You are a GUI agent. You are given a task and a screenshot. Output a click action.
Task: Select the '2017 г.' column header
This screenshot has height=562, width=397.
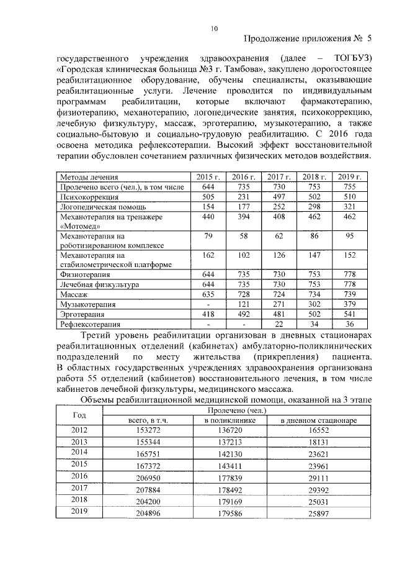279,177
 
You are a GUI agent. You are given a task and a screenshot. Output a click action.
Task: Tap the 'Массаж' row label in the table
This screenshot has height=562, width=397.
73,294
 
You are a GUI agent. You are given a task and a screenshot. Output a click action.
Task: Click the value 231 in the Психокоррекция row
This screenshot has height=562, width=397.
244,197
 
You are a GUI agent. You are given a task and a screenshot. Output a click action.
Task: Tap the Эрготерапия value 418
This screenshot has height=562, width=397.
208,314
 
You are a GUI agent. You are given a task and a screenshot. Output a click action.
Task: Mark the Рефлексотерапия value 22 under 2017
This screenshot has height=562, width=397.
279,324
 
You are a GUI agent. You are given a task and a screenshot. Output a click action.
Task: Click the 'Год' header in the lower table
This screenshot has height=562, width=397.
79,415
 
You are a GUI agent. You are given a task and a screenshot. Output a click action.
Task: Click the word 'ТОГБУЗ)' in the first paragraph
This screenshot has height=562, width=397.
350,58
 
